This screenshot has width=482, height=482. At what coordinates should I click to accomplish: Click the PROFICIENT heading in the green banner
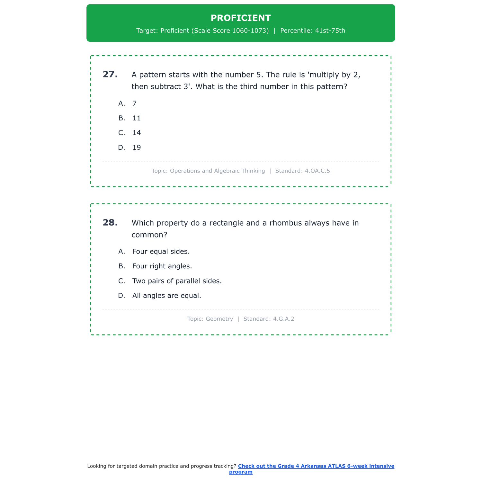coord(241,18)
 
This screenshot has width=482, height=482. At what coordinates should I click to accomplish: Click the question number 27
coord(110,75)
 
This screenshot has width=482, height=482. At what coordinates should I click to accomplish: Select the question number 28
coord(110,223)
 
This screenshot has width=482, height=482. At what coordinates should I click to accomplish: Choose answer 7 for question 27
coord(135,103)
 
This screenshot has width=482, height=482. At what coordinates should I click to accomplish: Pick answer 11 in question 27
coord(137,118)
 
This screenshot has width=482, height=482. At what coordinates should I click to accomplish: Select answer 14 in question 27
coord(137,133)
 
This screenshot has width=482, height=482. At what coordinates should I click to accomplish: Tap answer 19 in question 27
coord(137,148)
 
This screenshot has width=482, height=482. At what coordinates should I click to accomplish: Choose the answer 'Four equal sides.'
coord(161,252)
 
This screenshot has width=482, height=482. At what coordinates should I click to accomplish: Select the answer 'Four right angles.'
coord(162,266)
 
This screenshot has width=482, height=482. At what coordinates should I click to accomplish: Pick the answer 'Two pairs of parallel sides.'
coord(177,281)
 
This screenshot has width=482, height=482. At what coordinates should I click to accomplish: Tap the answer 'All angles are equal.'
coord(166,296)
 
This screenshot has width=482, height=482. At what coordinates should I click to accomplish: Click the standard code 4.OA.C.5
coord(317,171)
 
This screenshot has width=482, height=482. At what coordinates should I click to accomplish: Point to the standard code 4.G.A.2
coord(283,319)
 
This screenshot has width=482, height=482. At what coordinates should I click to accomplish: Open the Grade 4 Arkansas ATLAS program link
coord(316,466)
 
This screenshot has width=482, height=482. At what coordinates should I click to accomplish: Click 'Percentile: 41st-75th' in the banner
coord(313,31)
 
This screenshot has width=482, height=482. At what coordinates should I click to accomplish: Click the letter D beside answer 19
coord(121,148)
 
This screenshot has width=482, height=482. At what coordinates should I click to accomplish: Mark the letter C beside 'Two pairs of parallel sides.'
coord(121,281)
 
